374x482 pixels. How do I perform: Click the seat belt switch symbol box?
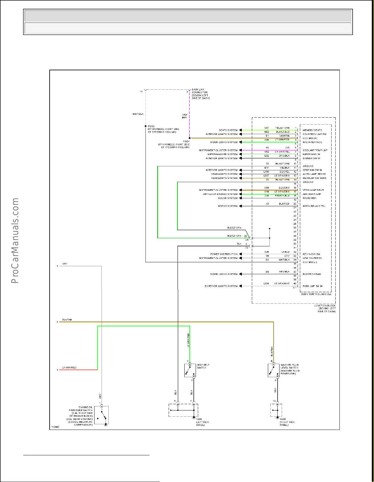point(190,371)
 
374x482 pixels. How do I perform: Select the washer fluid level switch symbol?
point(274,371)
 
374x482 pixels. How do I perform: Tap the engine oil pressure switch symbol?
point(101,415)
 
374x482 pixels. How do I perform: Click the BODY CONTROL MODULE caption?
point(316,294)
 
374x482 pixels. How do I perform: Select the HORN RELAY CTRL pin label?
point(314,206)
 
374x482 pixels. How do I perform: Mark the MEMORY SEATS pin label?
point(312,130)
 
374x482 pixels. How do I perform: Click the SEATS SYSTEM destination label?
point(228,130)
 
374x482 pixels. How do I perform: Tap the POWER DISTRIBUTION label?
point(224,254)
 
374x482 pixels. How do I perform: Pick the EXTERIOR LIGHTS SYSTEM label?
point(221,286)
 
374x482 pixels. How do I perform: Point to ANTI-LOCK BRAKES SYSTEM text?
point(220,194)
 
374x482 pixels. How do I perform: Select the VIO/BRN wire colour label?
point(184,116)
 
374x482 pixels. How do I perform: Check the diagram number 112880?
point(55,427)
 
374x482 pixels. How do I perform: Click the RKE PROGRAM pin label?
point(312,274)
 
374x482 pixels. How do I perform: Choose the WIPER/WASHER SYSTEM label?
point(222,154)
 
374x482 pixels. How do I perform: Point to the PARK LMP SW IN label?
point(312,286)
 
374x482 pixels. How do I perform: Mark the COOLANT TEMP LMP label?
point(315,150)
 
